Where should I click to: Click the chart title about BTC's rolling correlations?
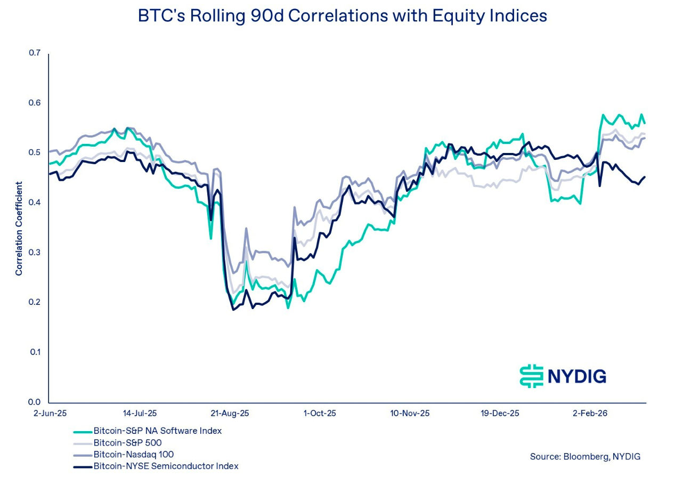coord(342,16)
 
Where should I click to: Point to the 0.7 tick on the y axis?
coord(35,53)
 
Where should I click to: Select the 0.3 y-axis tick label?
coord(35,252)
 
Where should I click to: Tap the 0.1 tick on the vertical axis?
coord(35,352)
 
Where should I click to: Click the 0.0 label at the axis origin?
coord(35,402)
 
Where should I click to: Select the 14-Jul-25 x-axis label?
coord(140,413)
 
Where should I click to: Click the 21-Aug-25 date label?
coord(230,413)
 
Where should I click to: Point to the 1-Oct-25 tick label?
coord(320,413)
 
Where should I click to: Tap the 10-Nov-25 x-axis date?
coord(410,413)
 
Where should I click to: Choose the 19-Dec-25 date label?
coord(500,413)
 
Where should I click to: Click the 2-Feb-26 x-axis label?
coord(590,413)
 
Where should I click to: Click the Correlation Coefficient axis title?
coord(19,229)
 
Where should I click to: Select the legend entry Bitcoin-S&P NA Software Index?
coord(157,431)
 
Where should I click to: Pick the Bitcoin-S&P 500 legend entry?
coord(127,442)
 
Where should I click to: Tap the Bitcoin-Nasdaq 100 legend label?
coord(133,454)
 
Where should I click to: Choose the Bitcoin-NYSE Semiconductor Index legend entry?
coord(166,466)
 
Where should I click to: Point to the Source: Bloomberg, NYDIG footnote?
coord(585,456)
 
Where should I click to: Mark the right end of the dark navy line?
coord(645,177)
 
